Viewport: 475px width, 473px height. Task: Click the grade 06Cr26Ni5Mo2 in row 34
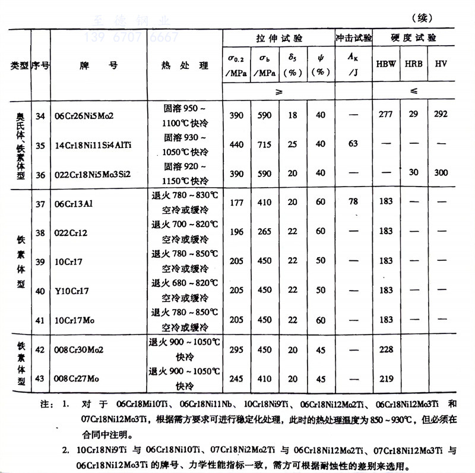(x=85, y=115)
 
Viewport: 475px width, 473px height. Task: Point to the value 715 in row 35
(x=265, y=144)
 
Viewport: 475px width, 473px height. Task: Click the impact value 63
(x=353, y=144)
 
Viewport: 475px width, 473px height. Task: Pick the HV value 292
(x=440, y=114)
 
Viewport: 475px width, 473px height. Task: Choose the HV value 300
(x=440, y=172)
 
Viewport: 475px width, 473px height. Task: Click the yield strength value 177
(x=236, y=202)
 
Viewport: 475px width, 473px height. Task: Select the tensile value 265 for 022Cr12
(x=265, y=231)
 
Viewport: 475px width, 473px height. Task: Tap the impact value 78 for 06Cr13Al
(x=353, y=202)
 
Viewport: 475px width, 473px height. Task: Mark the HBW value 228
(x=386, y=350)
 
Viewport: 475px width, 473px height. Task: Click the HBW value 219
(x=386, y=379)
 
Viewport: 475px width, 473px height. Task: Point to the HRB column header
(x=413, y=64)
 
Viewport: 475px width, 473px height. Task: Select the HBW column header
(x=385, y=64)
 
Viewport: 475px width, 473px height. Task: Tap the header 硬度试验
(x=413, y=38)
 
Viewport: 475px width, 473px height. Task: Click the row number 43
(x=40, y=379)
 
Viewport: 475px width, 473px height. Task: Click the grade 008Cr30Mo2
(x=78, y=350)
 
